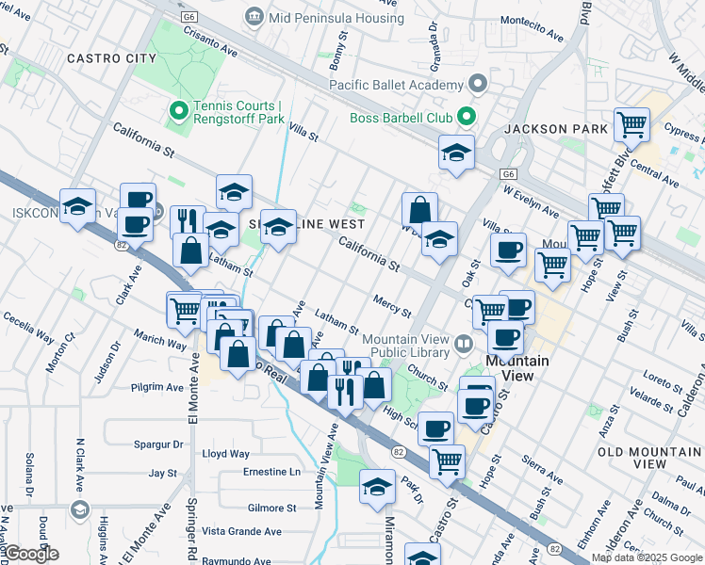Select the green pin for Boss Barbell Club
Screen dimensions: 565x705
[466, 118]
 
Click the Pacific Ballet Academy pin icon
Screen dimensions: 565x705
[478, 85]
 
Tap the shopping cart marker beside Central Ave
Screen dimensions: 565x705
[631, 125]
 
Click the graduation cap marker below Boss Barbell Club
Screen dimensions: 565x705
[456, 153]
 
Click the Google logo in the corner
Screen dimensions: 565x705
[30, 554]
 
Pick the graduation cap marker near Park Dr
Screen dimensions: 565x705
[377, 487]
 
